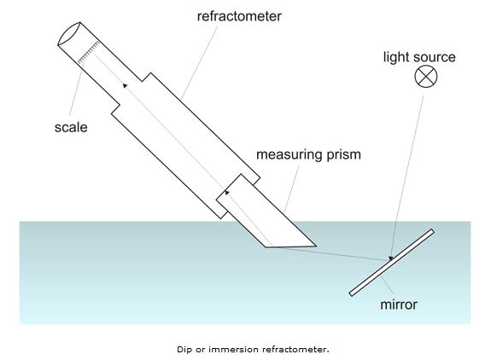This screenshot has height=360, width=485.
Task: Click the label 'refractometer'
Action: click(239, 16)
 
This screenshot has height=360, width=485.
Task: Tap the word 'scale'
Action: click(71, 127)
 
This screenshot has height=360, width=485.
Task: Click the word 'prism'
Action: click(343, 154)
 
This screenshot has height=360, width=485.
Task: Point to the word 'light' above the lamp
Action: click(395, 57)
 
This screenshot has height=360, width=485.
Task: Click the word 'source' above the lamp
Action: click(434, 57)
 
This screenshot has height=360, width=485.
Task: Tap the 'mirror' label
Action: click(399, 305)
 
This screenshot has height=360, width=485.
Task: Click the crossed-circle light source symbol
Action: click(425, 76)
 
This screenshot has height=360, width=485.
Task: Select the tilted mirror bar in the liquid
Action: click(392, 263)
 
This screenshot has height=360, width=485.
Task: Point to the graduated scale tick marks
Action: click(89, 53)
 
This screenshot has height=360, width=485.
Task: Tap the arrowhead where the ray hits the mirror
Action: click(391, 258)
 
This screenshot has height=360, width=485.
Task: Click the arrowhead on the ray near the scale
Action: click(125, 85)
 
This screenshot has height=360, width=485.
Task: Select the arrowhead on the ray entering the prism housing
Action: click(227, 192)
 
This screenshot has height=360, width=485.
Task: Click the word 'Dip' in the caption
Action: click(184, 350)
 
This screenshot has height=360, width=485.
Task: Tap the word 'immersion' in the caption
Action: click(233, 350)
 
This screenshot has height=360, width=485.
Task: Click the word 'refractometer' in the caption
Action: click(295, 350)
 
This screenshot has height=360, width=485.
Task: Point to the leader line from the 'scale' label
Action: click(76, 90)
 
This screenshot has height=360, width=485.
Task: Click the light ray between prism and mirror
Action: click(327, 253)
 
